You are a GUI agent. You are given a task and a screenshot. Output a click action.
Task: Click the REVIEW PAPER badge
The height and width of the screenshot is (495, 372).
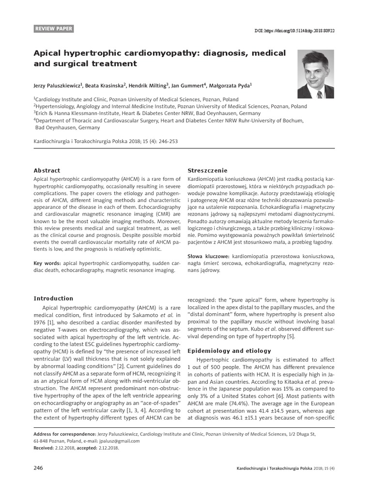tap(54, 29)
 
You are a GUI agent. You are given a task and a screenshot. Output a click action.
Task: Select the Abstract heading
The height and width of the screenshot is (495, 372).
tap(46, 171)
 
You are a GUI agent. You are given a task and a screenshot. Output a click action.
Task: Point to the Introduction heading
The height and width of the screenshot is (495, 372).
tap(53, 298)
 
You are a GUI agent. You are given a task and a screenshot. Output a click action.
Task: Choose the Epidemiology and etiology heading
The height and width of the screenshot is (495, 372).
tap(229, 350)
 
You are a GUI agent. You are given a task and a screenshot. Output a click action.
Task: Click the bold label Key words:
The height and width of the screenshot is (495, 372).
tap(47, 263)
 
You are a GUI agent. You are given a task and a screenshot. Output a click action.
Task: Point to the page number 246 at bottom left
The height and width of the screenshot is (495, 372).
tap(38, 468)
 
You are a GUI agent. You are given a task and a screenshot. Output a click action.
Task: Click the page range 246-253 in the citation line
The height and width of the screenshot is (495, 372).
tap(168, 142)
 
